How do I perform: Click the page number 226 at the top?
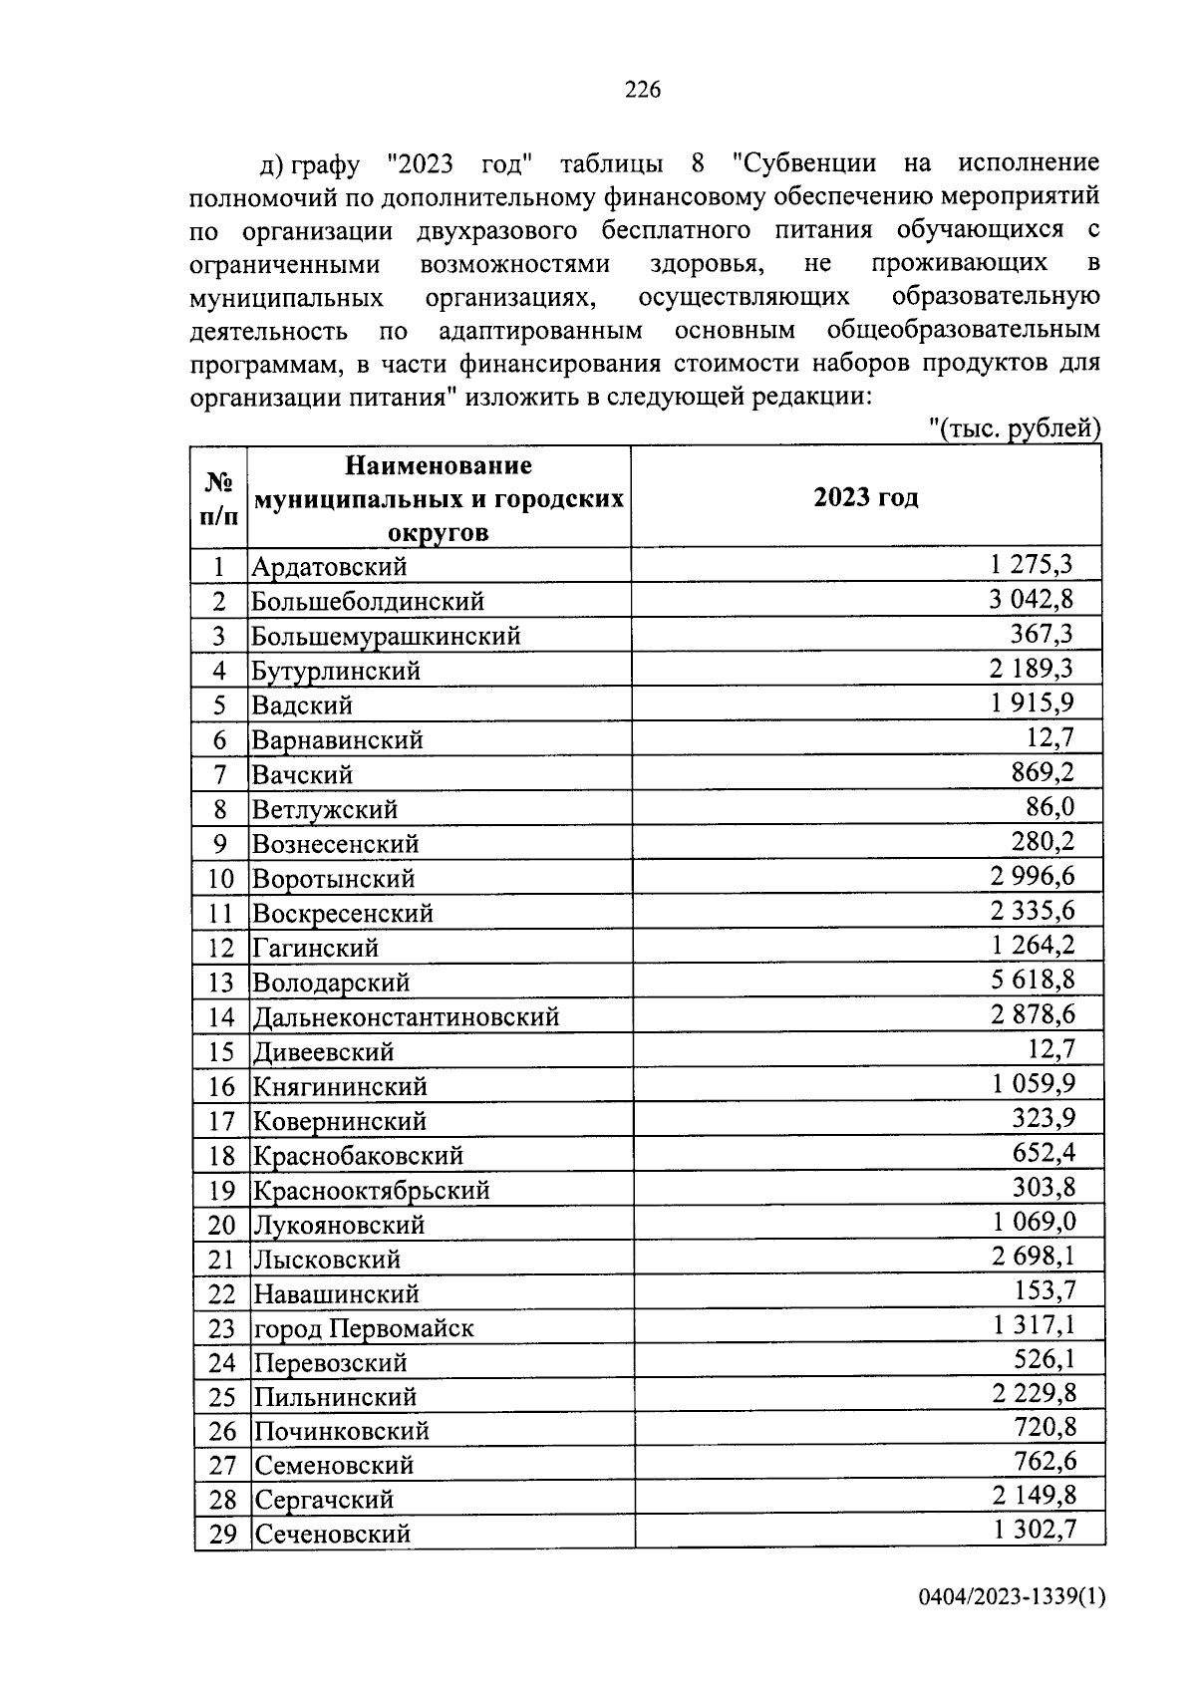642,91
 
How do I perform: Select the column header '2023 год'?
865,497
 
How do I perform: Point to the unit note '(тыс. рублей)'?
1015,428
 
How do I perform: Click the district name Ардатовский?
330,567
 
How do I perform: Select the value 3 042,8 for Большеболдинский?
1032,600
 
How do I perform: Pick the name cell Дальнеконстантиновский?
406,1017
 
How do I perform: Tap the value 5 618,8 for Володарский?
1033,981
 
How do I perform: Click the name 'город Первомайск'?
364,1328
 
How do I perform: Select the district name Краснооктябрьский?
371,1191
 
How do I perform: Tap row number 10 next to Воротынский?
220,879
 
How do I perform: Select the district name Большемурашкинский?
386,636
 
